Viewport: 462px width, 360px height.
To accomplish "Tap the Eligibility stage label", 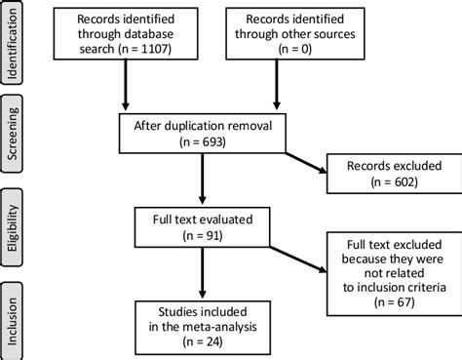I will coord(13,226).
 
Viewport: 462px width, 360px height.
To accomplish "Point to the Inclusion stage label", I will coord(13,317).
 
